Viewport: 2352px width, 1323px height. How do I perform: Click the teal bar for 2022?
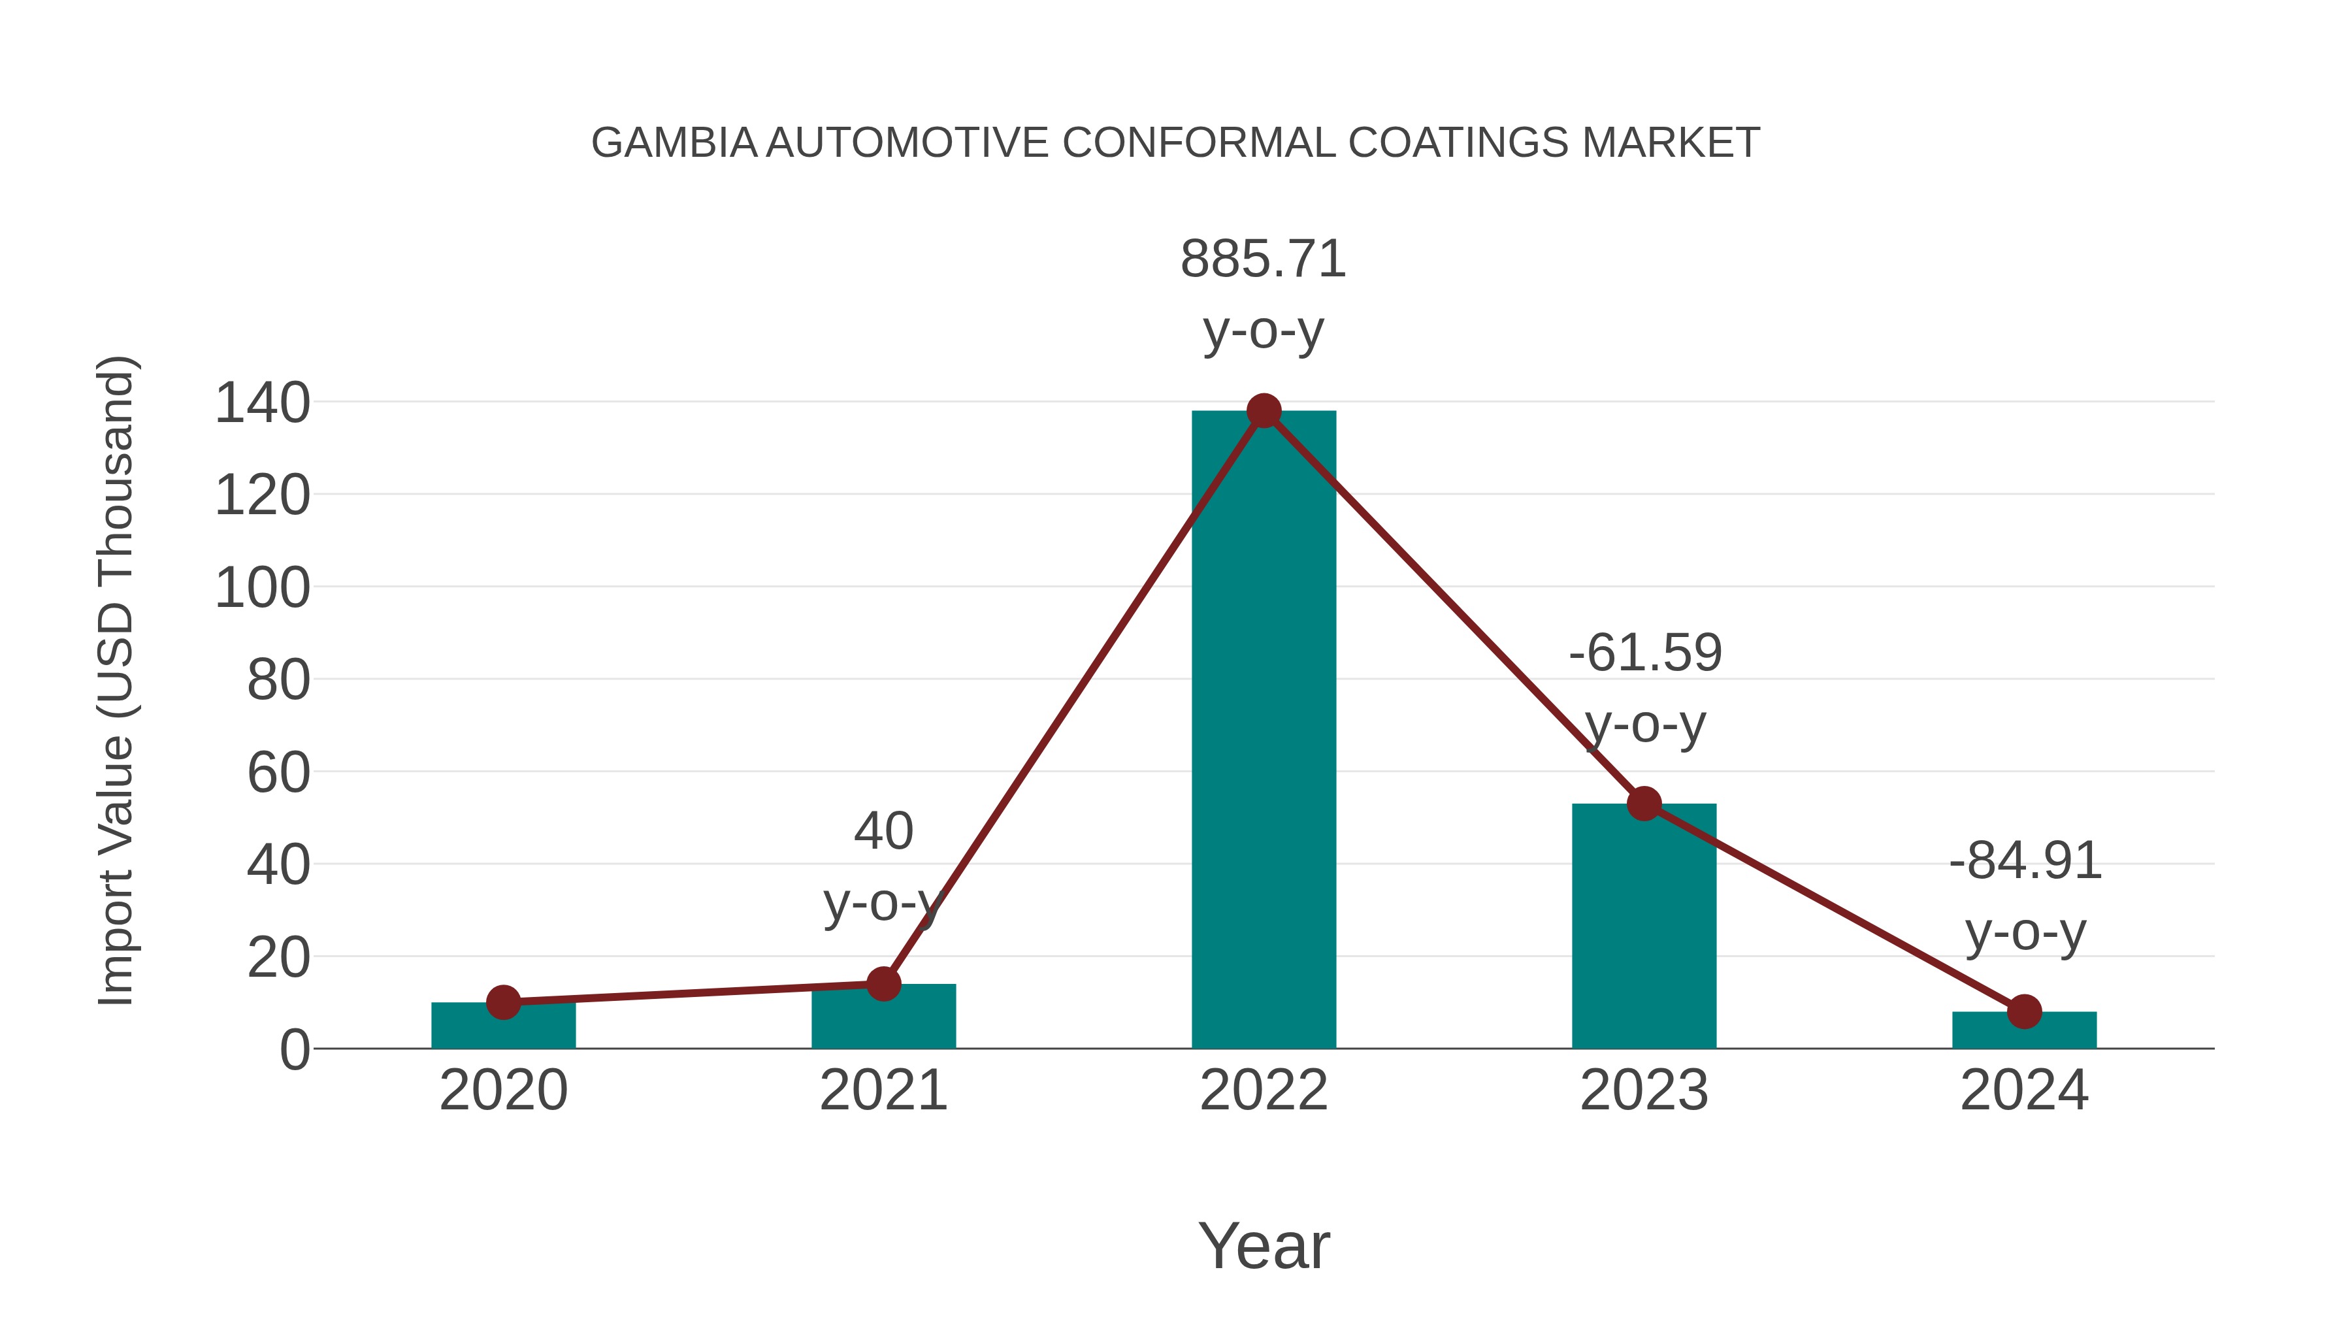tap(1264, 730)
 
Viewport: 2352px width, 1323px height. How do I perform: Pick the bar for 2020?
tap(503, 1026)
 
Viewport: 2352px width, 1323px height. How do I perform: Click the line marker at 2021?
tap(883, 985)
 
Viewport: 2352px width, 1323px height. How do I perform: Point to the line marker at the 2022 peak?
tap(1264, 411)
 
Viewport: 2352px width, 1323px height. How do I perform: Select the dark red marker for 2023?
tap(1644, 804)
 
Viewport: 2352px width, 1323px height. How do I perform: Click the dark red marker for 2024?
tap(2024, 1011)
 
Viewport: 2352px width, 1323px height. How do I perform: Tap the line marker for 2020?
tap(503, 1002)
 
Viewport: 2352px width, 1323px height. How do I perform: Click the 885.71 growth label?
tap(1264, 259)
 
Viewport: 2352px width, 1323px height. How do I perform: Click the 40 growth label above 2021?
tap(883, 831)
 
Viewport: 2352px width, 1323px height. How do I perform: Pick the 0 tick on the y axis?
tap(295, 1050)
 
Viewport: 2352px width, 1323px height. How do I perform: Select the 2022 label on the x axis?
tap(1264, 1090)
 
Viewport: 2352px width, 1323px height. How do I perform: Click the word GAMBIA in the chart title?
tap(674, 143)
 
